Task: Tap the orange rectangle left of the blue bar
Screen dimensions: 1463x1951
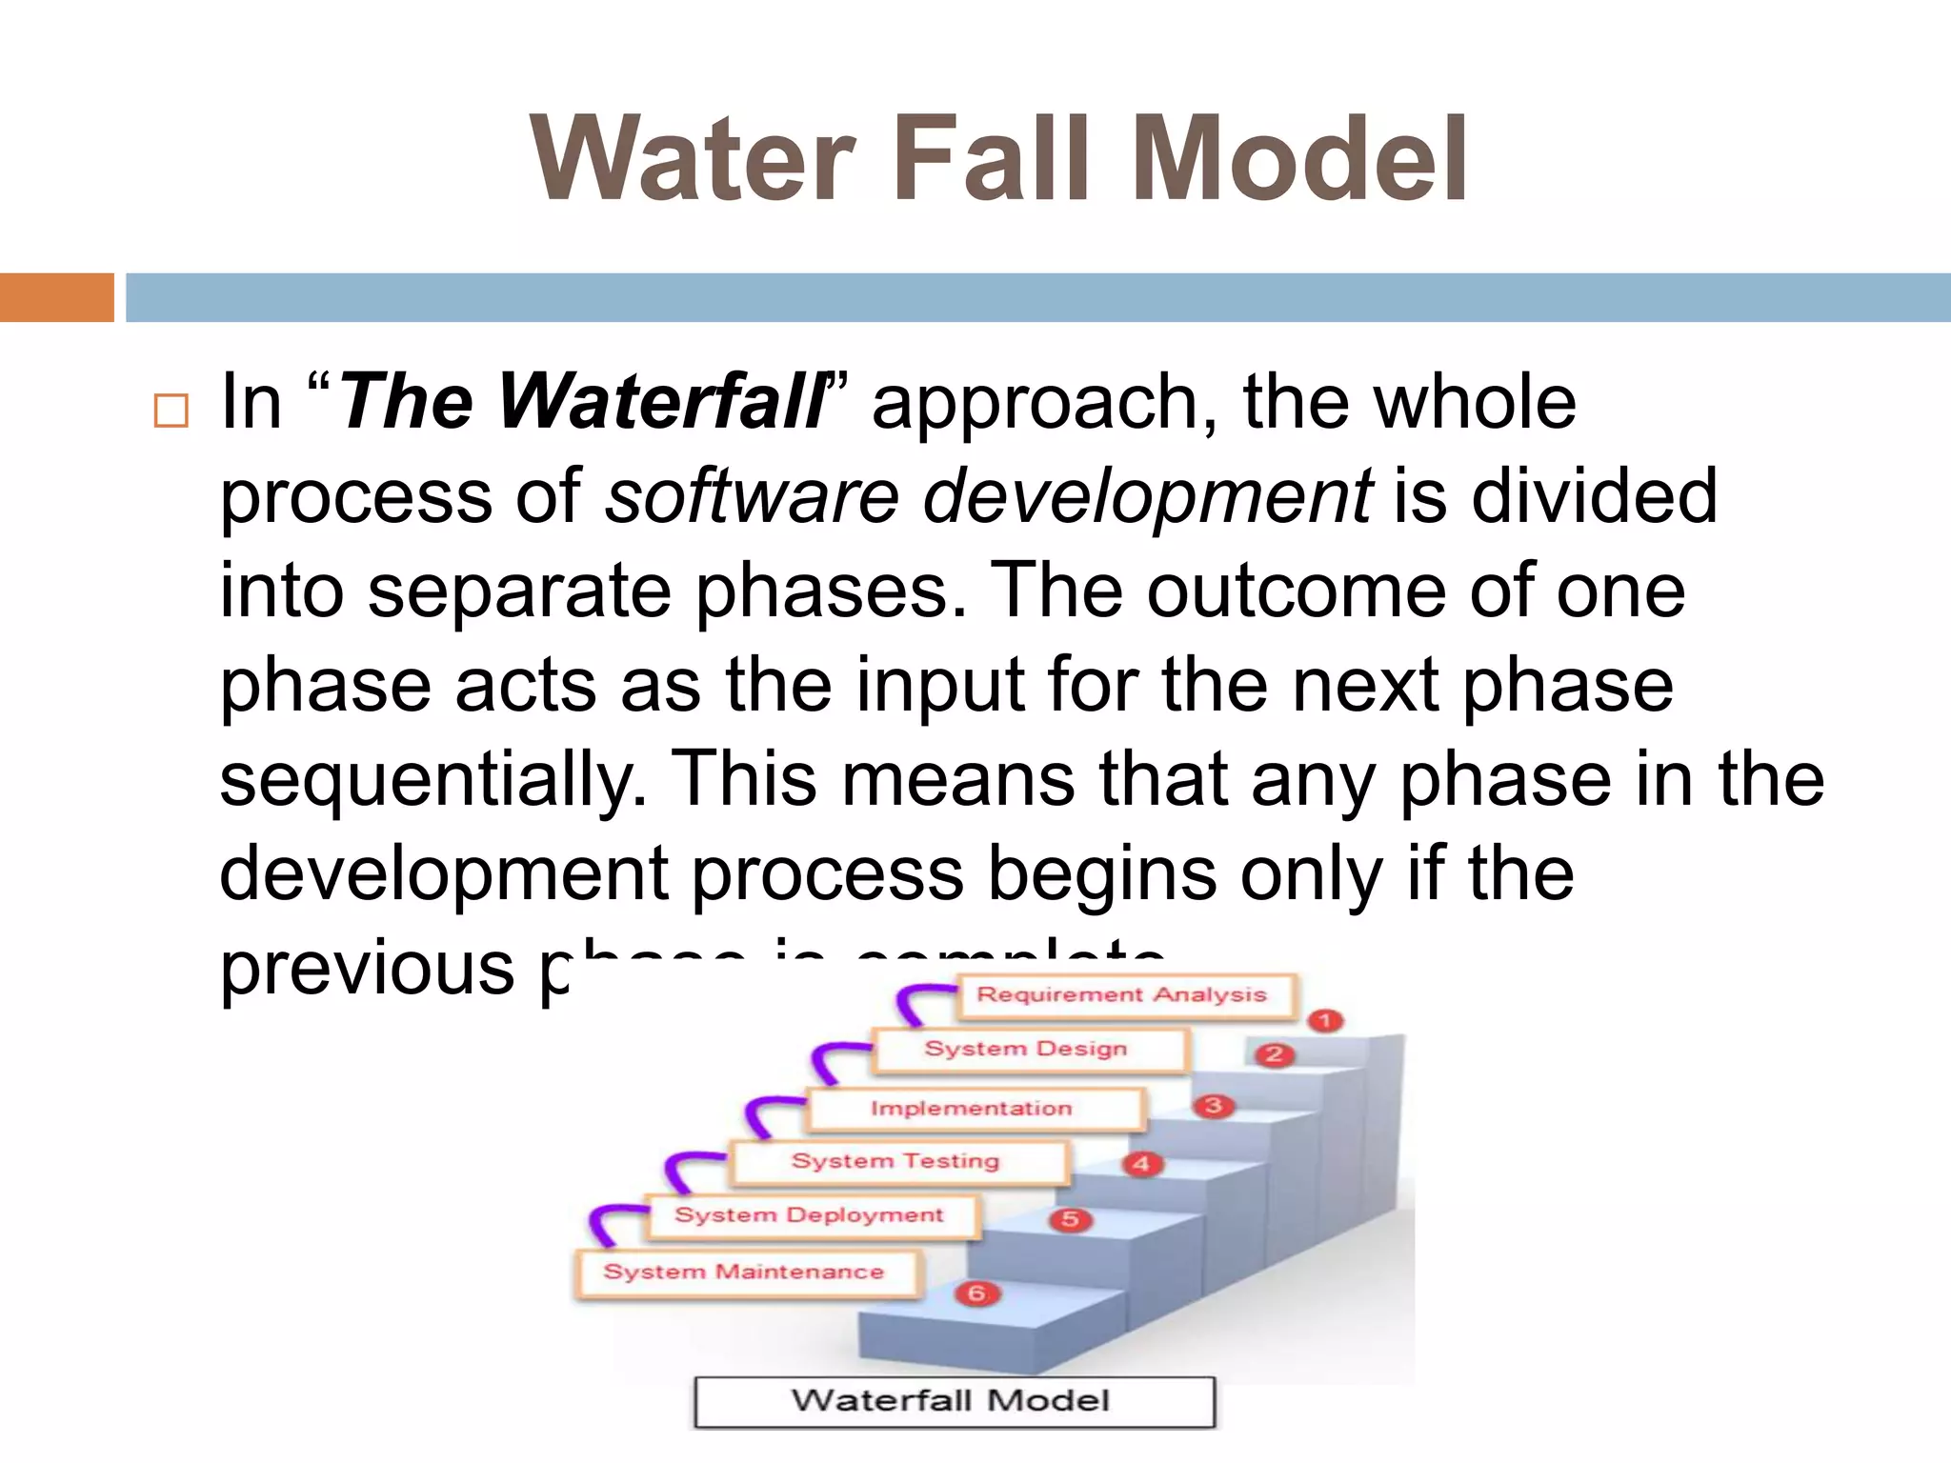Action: click(x=56, y=297)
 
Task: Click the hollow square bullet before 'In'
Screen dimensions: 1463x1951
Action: click(x=171, y=411)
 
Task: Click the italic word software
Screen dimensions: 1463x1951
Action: click(x=753, y=496)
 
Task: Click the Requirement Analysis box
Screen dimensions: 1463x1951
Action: click(x=1122, y=995)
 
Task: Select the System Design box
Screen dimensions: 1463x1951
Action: click(x=1027, y=1049)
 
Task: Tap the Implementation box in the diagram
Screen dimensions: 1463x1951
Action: click(x=972, y=1109)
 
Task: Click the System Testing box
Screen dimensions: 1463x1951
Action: click(x=895, y=1161)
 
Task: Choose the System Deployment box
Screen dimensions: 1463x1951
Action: click(x=810, y=1215)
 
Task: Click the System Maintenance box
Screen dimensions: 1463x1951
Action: click(x=745, y=1272)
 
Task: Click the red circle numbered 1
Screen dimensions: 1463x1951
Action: click(x=1325, y=1021)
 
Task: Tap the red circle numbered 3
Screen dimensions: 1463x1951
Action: click(x=1214, y=1106)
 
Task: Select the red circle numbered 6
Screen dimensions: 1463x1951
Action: click(x=976, y=1293)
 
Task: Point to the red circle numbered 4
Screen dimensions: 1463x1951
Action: click(x=1141, y=1164)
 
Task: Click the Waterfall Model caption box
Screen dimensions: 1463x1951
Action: click(x=953, y=1401)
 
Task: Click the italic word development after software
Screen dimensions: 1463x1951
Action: click(x=1148, y=496)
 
